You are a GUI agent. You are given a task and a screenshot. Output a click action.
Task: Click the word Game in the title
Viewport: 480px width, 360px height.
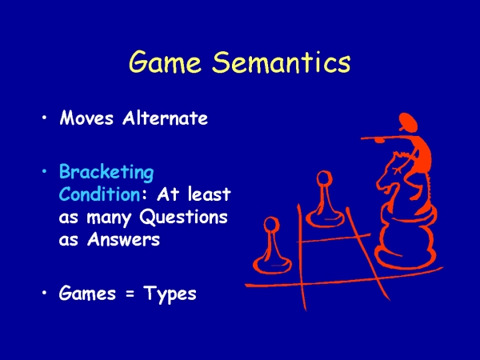coord(165,62)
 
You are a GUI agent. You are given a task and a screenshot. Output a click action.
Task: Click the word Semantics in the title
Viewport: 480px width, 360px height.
coord(282,62)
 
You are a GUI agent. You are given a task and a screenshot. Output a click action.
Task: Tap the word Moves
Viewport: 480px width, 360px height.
coord(86,118)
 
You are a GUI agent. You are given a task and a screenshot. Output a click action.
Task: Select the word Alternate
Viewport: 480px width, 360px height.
coord(165,118)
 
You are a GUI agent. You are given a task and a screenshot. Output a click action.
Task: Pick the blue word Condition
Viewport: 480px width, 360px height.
coord(99,194)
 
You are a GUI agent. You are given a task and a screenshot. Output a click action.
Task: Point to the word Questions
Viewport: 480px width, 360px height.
coord(184,218)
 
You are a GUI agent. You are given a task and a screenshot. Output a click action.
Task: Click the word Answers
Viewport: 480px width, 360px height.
coord(124,239)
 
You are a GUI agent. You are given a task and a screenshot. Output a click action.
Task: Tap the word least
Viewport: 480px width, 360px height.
coord(209,194)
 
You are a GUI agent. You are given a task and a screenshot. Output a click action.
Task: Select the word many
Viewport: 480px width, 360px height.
coord(109,218)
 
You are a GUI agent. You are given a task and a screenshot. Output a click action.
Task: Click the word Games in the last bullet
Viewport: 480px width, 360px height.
coord(87,293)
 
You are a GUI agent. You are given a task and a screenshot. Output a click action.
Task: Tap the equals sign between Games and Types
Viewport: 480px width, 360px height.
coord(130,294)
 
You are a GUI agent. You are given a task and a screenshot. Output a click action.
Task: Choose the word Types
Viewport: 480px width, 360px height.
coord(170,294)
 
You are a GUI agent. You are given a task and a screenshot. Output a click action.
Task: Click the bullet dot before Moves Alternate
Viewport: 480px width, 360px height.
coord(45,118)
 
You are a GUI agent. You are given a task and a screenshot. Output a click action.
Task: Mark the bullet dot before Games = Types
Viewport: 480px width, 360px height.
coord(45,293)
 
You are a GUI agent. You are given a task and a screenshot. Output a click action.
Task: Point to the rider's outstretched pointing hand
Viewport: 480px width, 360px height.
coord(378,140)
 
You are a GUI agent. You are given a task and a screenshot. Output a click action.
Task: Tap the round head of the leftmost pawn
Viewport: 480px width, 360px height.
coord(271,225)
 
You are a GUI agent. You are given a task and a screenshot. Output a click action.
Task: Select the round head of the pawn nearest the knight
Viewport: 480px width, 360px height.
coord(324,178)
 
